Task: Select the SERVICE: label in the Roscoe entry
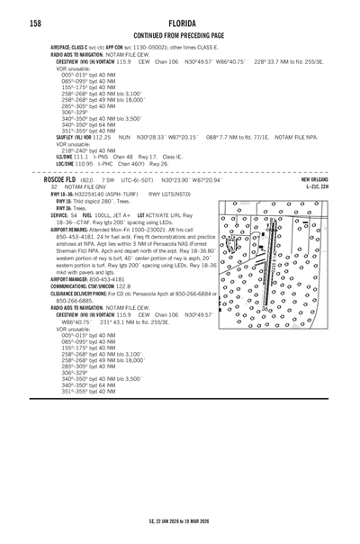click(x=59, y=216)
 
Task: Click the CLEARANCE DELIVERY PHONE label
click(x=80, y=294)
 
